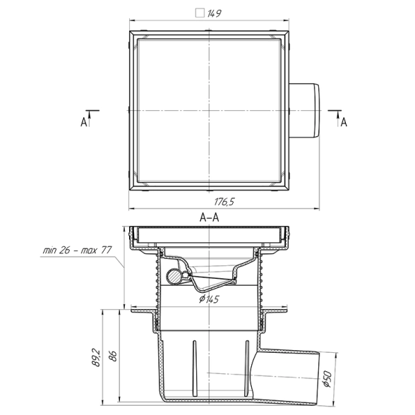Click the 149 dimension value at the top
[214, 13]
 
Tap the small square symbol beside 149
[200, 13]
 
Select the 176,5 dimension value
[224, 202]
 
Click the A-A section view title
[209, 217]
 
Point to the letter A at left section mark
[83, 122]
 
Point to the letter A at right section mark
[344, 122]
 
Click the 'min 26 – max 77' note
[77, 250]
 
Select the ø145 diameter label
[209, 299]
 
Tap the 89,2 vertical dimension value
[96, 358]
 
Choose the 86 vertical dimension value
[112, 356]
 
